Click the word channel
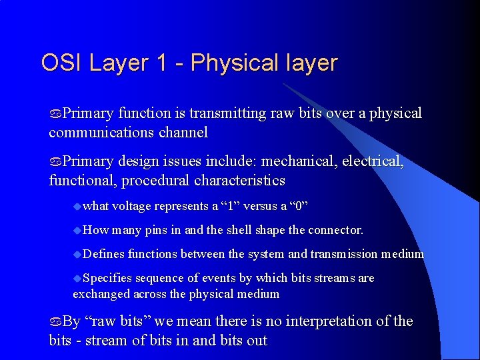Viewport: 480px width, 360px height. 183,132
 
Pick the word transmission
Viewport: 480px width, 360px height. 343,254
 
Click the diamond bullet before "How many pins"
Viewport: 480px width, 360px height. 77,230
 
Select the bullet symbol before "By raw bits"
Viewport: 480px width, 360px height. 55,322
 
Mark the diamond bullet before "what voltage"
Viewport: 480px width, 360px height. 77,206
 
